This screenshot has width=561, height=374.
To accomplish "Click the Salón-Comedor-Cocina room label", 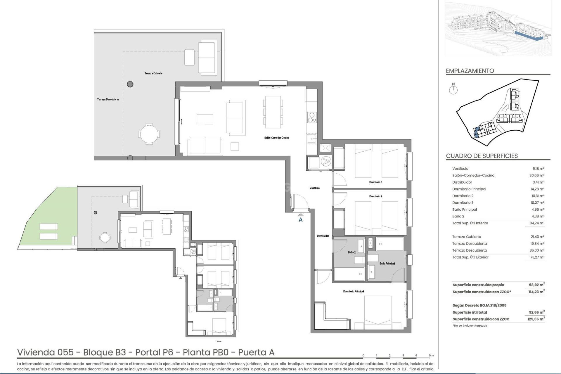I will pyautogui.click(x=276, y=138).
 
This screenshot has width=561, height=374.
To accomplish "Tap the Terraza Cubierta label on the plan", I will pyautogui.click(x=153, y=73).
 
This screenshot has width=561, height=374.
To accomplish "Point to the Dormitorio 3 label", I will pyautogui.click(x=375, y=182).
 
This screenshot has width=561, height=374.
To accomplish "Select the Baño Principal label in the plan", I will pyautogui.click(x=387, y=264).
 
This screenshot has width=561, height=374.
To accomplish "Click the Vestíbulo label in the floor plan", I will pyautogui.click(x=315, y=188).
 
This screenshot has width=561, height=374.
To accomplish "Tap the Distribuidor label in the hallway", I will pyautogui.click(x=323, y=236).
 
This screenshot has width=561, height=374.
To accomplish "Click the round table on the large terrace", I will pyautogui.click(x=149, y=134).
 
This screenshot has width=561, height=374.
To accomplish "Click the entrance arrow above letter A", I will pyautogui.click(x=301, y=215).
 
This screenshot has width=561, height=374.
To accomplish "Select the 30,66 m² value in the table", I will pyautogui.click(x=537, y=175).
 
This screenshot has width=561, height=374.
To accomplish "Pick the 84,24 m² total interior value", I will pyautogui.click(x=537, y=223).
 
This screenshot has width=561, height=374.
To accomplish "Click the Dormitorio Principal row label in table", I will pyautogui.click(x=469, y=189).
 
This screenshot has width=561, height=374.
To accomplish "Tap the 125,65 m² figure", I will pyautogui.click(x=536, y=319).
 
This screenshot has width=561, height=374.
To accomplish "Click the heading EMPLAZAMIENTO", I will pyautogui.click(x=470, y=71).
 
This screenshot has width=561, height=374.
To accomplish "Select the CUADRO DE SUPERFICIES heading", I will pyautogui.click(x=482, y=156).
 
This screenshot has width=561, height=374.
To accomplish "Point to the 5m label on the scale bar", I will pyautogui.click(x=431, y=355).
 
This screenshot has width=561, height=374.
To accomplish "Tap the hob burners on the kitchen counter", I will pyautogui.click(x=312, y=117).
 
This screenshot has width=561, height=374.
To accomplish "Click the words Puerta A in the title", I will pyautogui.click(x=256, y=352).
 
